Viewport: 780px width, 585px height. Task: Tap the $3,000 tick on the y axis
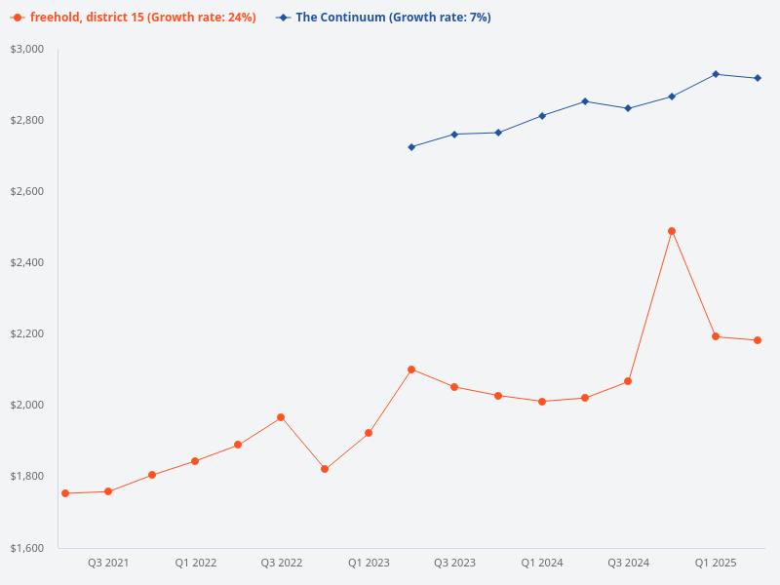[x=27, y=49]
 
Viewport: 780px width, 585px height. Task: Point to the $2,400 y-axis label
[x=27, y=262]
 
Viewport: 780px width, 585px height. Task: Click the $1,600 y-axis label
[x=27, y=548]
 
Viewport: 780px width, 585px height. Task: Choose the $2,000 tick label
[x=27, y=405]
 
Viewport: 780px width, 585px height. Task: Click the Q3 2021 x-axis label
[x=108, y=563]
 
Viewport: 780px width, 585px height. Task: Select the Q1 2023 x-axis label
[x=369, y=563]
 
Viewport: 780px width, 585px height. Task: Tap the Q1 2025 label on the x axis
[x=715, y=563]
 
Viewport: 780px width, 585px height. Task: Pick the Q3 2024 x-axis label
[x=628, y=563]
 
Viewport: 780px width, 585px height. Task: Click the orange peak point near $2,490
[x=672, y=231]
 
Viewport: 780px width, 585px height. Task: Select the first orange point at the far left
[x=65, y=493]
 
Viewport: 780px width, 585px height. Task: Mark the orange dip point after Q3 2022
[x=325, y=469]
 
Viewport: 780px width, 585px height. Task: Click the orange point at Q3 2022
[x=281, y=417]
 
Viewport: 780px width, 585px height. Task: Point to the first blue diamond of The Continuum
[x=411, y=147]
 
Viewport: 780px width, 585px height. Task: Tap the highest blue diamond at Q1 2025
[x=715, y=74]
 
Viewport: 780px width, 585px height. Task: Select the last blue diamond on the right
[x=758, y=78]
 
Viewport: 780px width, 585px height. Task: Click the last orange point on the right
[x=758, y=340]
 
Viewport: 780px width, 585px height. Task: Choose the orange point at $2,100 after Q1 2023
[x=411, y=370]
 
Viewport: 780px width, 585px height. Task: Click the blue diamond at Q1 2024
[x=542, y=116]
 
